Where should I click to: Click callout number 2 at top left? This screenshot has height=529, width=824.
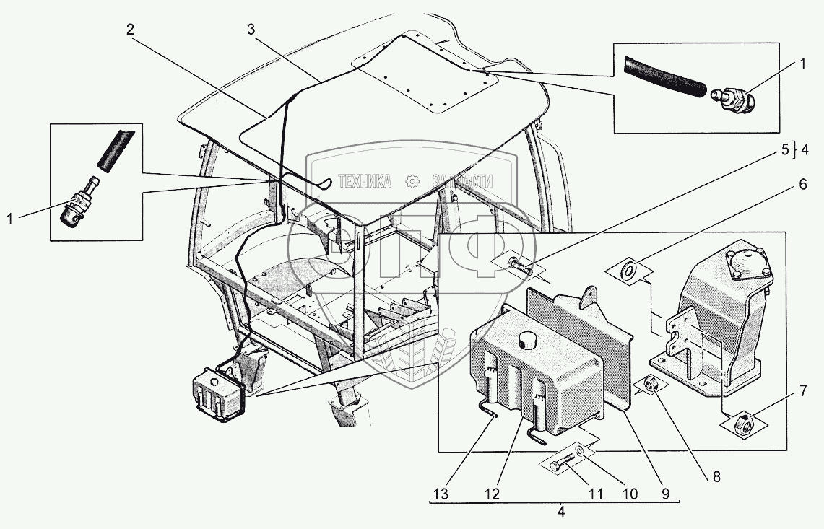129,30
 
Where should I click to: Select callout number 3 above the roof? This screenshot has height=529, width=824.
251,30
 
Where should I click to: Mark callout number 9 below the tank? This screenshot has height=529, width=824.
665,494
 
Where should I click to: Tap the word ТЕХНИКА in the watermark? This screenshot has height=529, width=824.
365,182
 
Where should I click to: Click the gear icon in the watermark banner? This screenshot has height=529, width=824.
412,181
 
